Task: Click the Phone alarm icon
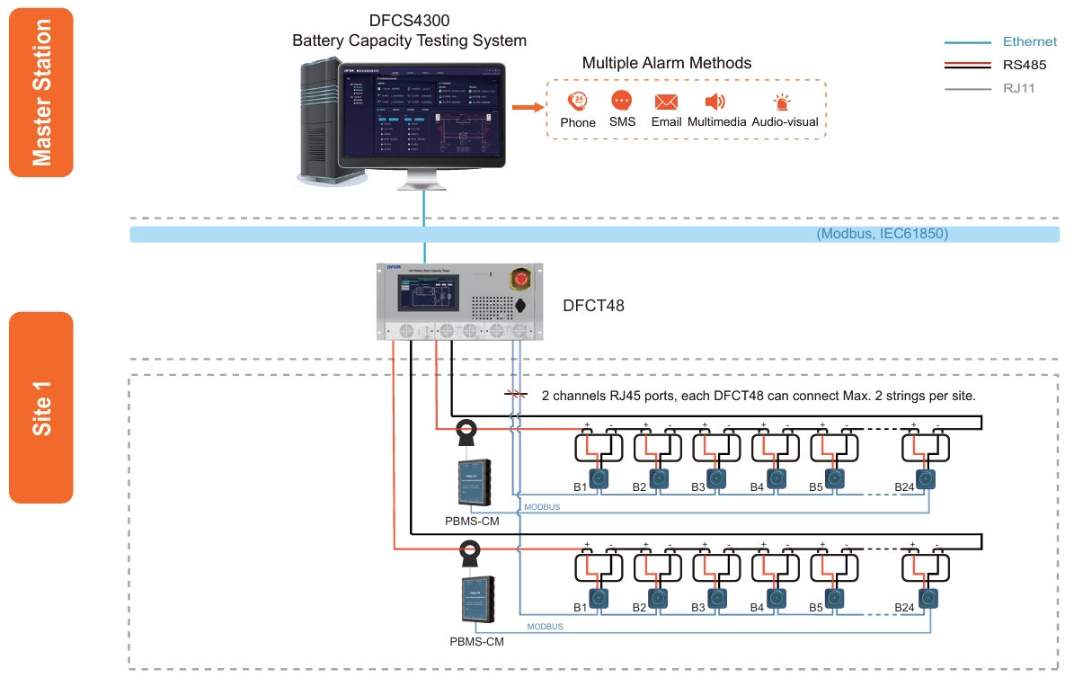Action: click(x=577, y=102)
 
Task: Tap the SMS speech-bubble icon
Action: click(x=622, y=101)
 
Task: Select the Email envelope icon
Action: click(x=666, y=102)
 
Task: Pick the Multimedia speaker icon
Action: click(x=715, y=102)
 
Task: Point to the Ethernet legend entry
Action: click(x=1029, y=41)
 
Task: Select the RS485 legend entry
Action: click(x=1024, y=65)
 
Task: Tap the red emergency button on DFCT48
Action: click(x=520, y=279)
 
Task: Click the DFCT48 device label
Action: click(x=593, y=307)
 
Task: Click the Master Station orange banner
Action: click(x=40, y=93)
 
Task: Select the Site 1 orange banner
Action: click(x=40, y=407)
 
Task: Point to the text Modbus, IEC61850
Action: click(x=883, y=234)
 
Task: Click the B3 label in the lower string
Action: click(x=698, y=608)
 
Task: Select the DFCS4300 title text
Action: click(x=409, y=21)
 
